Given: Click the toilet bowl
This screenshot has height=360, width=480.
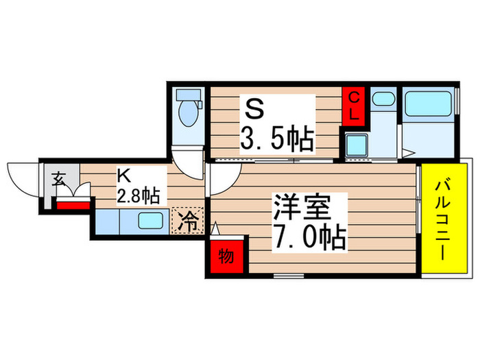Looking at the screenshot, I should click(187, 112).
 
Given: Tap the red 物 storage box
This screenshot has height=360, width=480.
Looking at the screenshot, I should click(226, 257).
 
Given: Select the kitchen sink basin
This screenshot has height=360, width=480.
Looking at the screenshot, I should click(149, 221).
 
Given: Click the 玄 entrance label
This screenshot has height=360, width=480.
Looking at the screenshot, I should click(58, 180).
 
